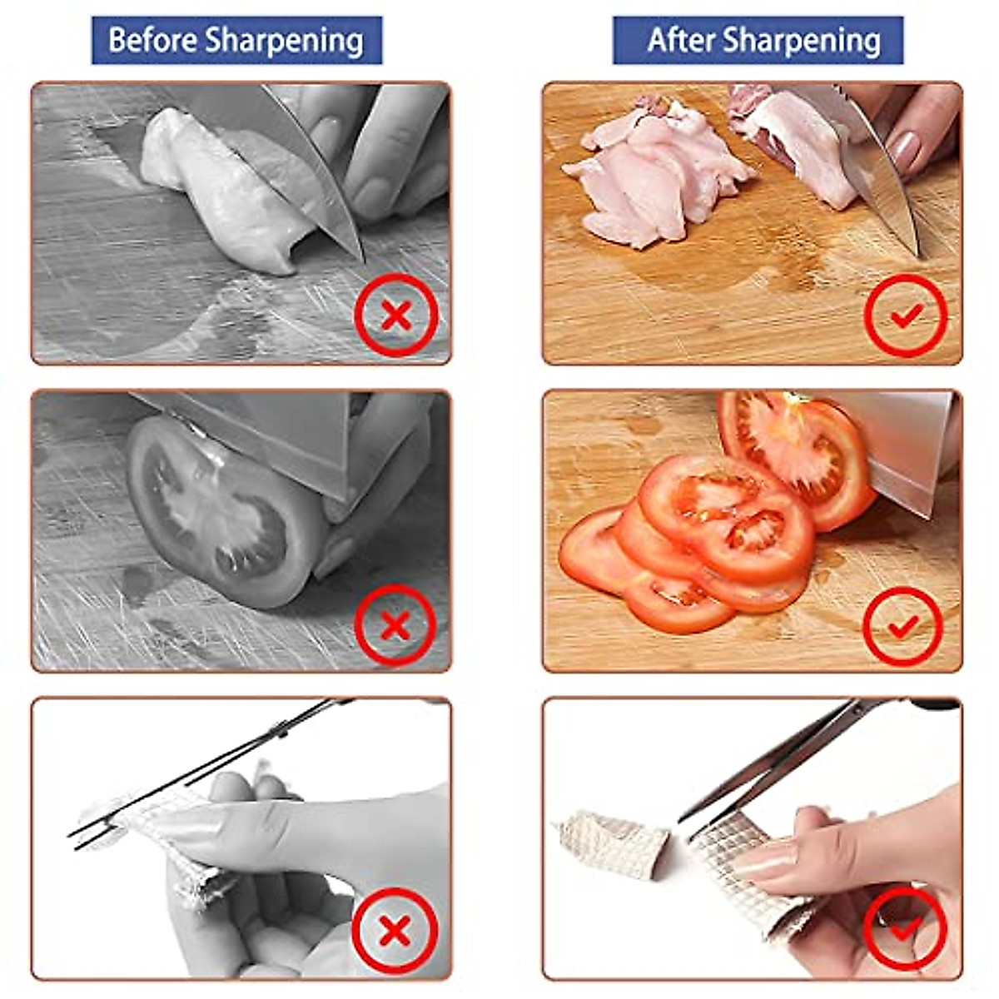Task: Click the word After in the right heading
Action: pos(681,40)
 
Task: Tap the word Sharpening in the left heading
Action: pos(285,41)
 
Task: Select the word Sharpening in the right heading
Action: pos(802,41)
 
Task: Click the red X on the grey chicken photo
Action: pos(396,316)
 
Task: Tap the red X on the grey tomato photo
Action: pos(396,624)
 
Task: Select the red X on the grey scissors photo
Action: pos(394,931)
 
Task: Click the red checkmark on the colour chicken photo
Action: pos(906,316)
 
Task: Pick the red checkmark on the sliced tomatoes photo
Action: pos(903,626)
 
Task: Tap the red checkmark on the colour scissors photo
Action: pos(905,926)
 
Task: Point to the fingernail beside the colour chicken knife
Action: pos(904,150)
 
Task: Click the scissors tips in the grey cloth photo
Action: pos(83,832)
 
